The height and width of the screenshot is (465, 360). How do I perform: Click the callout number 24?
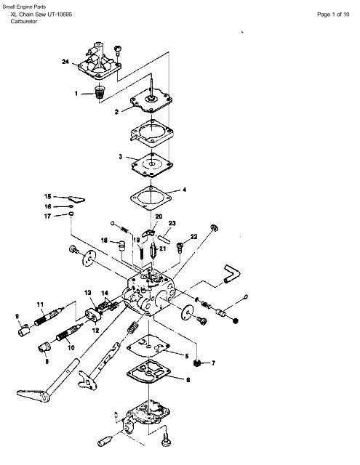tap(65, 62)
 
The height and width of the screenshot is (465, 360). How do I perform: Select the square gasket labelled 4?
tap(151, 198)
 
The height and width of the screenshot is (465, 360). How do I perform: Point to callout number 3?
tap(120, 156)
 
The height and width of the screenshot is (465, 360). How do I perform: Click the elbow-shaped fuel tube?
tap(232, 274)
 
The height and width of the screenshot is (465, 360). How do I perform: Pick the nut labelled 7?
tap(196, 363)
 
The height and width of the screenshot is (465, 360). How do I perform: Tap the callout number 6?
tap(188, 379)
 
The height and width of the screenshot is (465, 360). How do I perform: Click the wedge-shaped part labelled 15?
tap(77, 199)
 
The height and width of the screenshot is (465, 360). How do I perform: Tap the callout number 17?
tap(47, 217)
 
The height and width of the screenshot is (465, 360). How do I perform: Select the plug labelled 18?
tap(121, 246)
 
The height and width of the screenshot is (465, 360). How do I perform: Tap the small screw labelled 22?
tap(180, 247)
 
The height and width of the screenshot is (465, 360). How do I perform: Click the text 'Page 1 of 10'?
tap(333, 15)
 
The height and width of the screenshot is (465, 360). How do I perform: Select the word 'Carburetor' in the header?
tap(24, 21)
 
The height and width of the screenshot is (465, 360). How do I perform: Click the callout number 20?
tap(159, 217)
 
